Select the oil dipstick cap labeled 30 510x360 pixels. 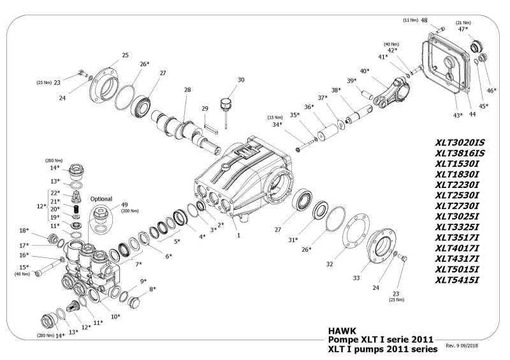pyautogui.click(x=224, y=104)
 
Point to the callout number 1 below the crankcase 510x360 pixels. pyautogui.click(x=238, y=235)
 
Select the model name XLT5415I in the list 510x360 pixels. pyautogui.click(x=457, y=279)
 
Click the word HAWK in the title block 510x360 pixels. pyautogui.click(x=340, y=331)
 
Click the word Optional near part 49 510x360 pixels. pyautogui.click(x=101, y=198)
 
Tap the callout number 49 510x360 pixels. pyautogui.click(x=124, y=205)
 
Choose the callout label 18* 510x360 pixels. pyautogui.click(x=24, y=230)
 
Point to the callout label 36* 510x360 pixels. pyautogui.click(x=309, y=106)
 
